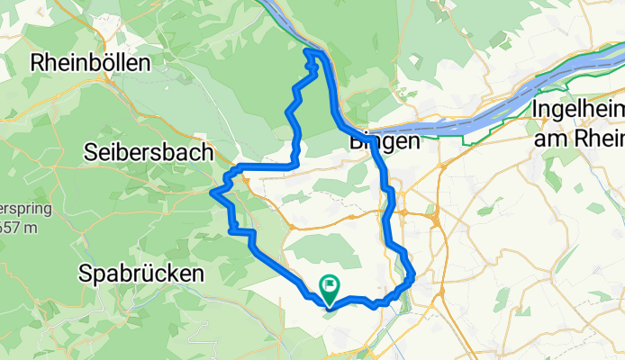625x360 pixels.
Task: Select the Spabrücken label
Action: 140,272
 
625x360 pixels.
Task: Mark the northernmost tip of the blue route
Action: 312,52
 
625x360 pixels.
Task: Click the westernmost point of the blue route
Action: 212,192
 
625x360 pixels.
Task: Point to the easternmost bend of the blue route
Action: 412,280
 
